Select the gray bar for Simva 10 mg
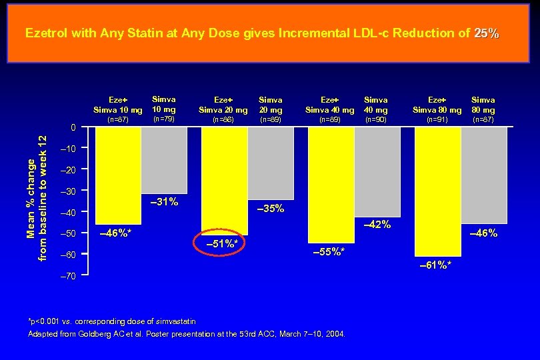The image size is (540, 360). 164,160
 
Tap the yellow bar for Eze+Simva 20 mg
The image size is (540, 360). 224,181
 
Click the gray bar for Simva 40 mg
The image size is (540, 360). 377,171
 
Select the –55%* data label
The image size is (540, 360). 329,252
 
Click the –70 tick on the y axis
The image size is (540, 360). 69,275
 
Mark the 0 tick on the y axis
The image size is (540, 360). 74,127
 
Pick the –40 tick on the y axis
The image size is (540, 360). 69,213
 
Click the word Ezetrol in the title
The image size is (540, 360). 45,33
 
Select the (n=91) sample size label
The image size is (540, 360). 437,120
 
